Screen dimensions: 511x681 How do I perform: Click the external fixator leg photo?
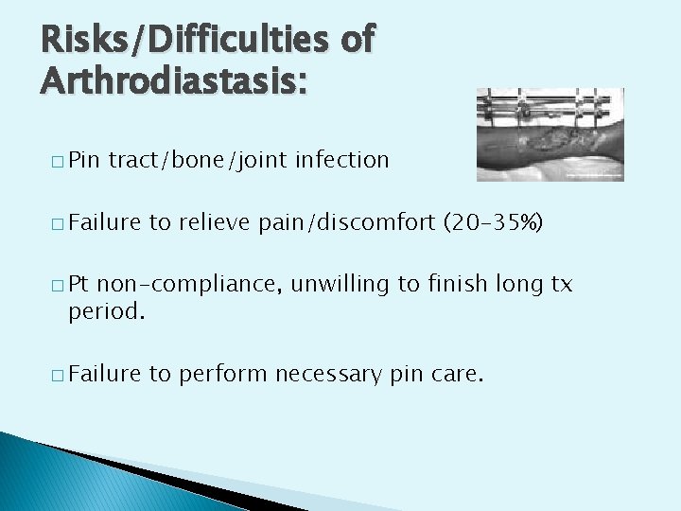point(550,134)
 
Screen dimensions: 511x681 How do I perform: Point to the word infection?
point(341,160)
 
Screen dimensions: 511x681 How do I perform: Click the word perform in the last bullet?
point(219,374)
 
